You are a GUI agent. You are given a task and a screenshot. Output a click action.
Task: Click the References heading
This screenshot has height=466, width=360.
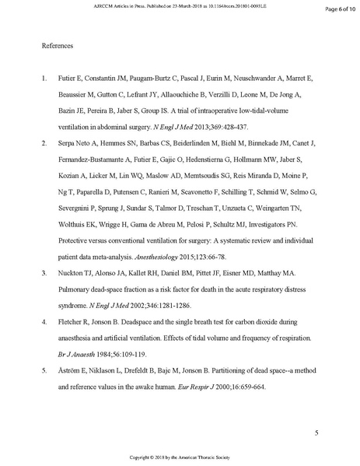coord(57,46)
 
